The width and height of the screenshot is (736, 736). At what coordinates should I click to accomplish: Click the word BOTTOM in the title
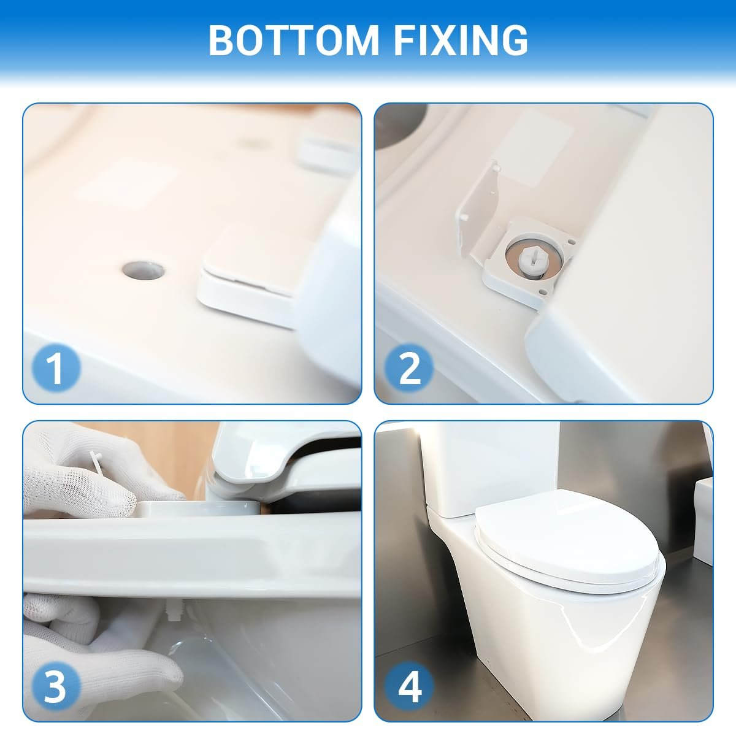point(293,40)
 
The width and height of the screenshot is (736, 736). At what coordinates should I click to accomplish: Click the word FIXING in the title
point(461,40)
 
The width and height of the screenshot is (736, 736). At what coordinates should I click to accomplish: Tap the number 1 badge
point(56,368)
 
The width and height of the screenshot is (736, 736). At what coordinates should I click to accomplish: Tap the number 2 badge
point(409,368)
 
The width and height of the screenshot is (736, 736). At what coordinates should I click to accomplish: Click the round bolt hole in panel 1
point(144,270)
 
